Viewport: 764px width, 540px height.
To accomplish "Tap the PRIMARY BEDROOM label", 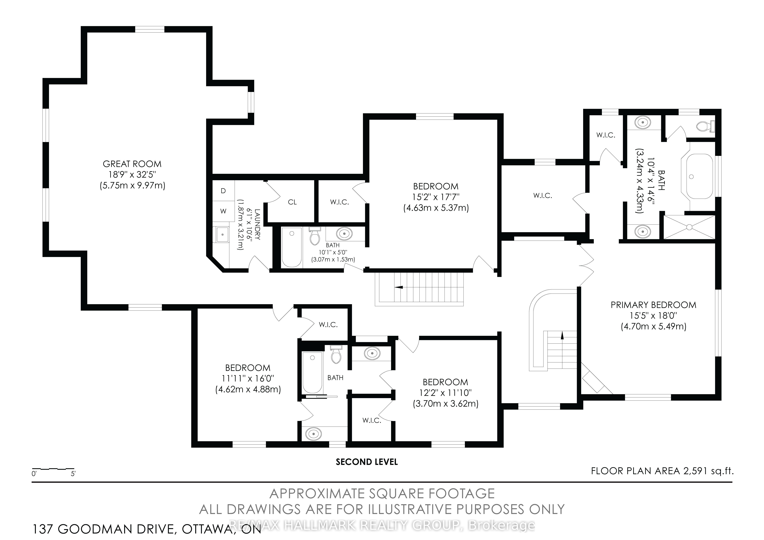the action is (x=653, y=305).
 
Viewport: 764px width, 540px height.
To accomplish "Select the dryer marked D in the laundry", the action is (x=223, y=191).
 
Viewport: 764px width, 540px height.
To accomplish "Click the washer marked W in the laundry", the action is (x=223, y=211).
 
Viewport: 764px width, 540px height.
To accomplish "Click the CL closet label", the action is (x=292, y=202).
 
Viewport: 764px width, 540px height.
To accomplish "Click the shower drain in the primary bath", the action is (x=689, y=227).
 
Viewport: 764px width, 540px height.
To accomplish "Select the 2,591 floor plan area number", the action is (x=694, y=471).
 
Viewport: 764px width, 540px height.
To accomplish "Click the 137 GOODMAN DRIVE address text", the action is (x=103, y=529).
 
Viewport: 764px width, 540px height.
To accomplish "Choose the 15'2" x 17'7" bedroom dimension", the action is (x=436, y=197).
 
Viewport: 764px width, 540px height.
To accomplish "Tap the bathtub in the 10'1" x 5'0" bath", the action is (x=292, y=247).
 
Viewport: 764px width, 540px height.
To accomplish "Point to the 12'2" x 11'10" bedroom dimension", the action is (x=446, y=393).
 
